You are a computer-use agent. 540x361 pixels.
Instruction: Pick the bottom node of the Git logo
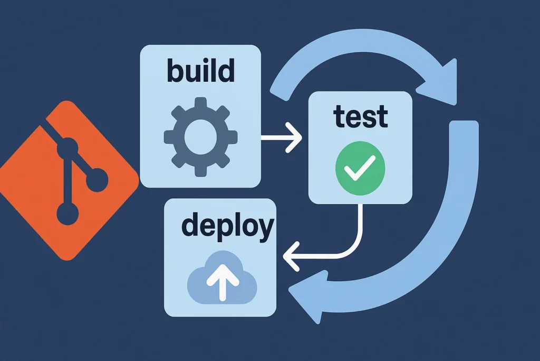coord(67,214)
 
